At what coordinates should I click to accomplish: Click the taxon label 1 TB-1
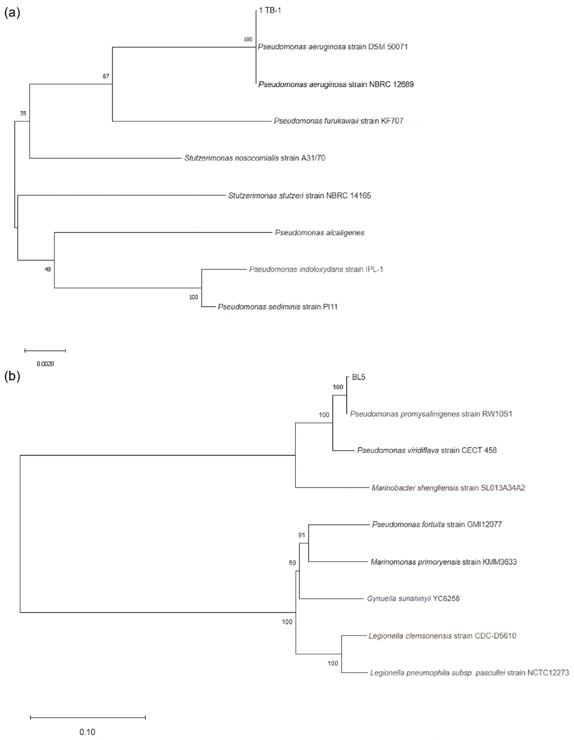[x=270, y=10]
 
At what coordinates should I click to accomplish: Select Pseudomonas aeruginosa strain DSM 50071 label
[x=333, y=47]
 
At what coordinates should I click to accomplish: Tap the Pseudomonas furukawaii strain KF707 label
[x=338, y=121]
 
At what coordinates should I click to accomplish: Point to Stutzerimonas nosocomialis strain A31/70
[x=255, y=158]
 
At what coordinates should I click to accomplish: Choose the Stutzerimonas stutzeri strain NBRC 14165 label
[x=299, y=195]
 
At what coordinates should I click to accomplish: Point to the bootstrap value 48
[x=48, y=269]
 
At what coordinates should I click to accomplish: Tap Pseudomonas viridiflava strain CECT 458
[x=427, y=450]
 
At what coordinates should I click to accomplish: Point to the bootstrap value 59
[x=292, y=563]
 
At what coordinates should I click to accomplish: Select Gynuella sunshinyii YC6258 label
[x=413, y=599]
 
